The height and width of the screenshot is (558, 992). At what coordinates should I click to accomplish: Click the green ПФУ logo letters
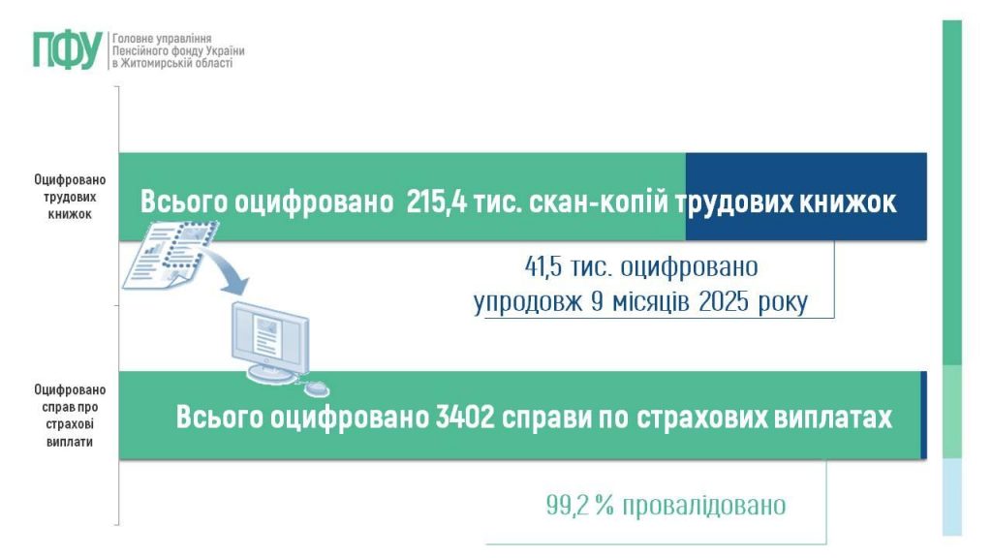(66, 49)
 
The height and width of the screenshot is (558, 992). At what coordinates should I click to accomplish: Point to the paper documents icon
(170, 254)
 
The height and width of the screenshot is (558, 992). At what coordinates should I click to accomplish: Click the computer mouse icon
(317, 387)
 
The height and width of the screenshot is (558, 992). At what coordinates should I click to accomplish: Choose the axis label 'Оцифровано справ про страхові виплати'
(70, 415)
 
